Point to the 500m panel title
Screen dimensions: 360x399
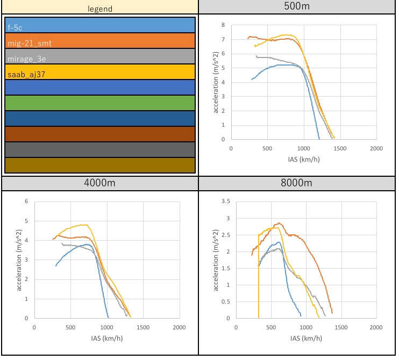(x=298, y=6)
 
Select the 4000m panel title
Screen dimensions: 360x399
(x=99, y=183)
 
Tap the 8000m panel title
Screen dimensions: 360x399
(x=298, y=183)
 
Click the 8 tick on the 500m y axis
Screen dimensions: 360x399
(x=223, y=25)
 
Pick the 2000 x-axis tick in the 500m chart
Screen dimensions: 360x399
(x=376, y=148)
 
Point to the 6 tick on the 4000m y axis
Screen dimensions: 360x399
(x=25, y=201)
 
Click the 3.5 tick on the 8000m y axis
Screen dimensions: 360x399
(x=219, y=201)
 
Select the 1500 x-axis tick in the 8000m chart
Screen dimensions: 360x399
(x=341, y=327)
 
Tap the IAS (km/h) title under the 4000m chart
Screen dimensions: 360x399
(x=106, y=339)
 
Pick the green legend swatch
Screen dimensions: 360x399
(x=99, y=103)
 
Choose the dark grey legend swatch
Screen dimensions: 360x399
(x=99, y=149)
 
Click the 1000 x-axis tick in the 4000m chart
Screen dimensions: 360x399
(x=107, y=327)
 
